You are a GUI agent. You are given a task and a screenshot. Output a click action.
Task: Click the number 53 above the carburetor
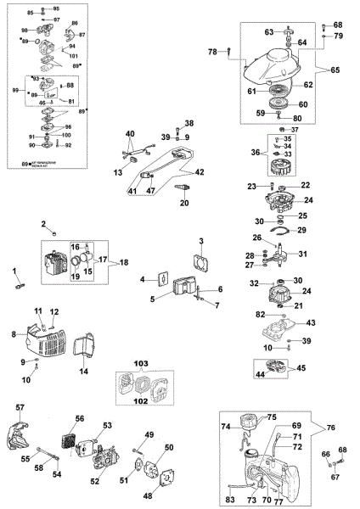pos(108,425)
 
